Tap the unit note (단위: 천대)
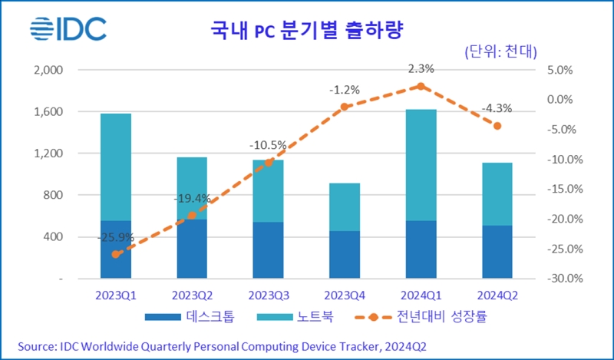500,51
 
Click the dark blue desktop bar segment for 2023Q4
345,254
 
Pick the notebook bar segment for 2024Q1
421,165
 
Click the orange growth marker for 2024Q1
421,86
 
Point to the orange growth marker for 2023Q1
115,254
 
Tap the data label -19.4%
191,198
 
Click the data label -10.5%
267,145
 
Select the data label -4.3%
497,108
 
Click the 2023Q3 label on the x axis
267,295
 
